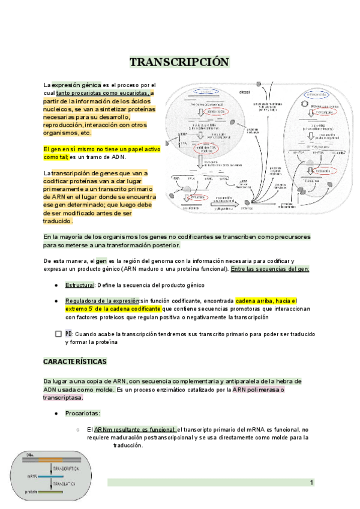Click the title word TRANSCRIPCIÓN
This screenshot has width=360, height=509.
pyautogui.click(x=179, y=62)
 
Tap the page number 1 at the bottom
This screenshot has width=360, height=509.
pyautogui.click(x=312, y=483)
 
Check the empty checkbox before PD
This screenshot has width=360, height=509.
pyautogui.click(x=58, y=334)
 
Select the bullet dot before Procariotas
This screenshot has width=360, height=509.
pyautogui.click(x=56, y=414)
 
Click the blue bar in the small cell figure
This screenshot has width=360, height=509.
pyautogui.click(x=52, y=476)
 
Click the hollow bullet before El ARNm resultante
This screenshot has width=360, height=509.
pyautogui.click(x=79, y=430)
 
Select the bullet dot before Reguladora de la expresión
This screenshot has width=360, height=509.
pyautogui.click(x=56, y=301)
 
